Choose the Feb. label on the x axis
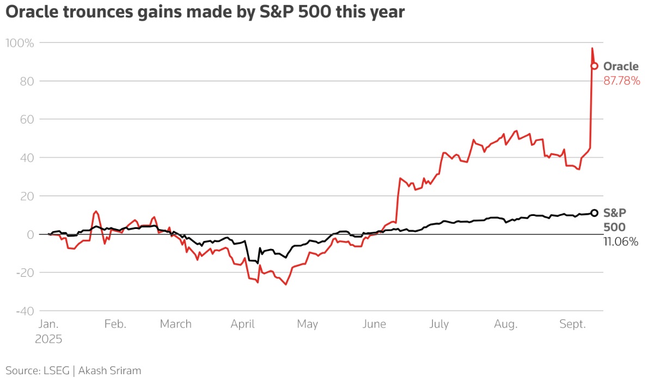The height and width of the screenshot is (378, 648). (x=115, y=324)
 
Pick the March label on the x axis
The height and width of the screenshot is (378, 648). (x=176, y=324)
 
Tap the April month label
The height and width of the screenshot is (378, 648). (x=243, y=324)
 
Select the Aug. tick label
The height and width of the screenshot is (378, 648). (x=505, y=324)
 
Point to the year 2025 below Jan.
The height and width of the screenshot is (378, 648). (x=50, y=339)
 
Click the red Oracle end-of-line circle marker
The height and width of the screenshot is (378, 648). (x=595, y=66)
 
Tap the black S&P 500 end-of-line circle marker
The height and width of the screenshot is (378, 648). (x=595, y=213)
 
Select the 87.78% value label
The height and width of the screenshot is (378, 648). (x=621, y=81)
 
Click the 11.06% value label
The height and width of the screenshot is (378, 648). (x=620, y=242)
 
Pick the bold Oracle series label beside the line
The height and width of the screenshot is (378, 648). (x=621, y=67)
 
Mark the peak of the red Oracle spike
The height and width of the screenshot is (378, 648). (x=592, y=48)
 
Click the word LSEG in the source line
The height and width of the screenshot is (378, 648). (x=56, y=371)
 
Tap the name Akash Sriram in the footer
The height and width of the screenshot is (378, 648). (x=110, y=371)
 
